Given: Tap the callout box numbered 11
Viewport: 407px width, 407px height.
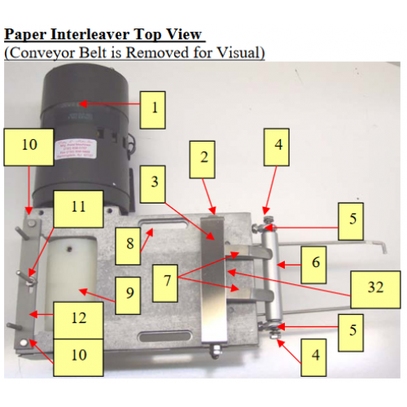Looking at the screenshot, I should pyautogui.click(x=77, y=208).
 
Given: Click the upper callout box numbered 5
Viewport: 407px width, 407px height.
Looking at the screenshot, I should pyautogui.click(x=352, y=219).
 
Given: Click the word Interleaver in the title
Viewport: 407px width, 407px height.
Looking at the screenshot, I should pyautogui.click(x=105, y=35).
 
